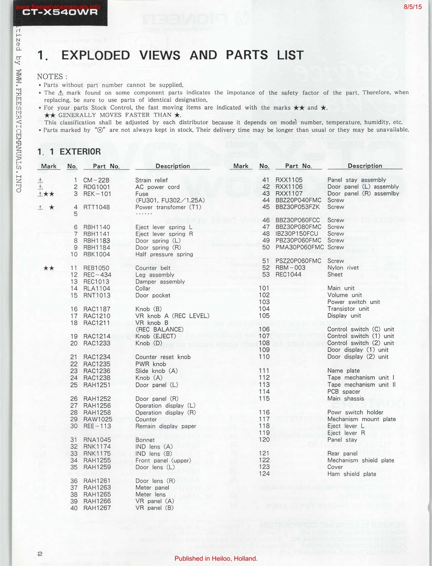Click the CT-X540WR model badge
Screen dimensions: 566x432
(x=60, y=13)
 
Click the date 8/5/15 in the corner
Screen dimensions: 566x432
(x=413, y=7)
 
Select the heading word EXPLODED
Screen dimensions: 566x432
(x=95, y=55)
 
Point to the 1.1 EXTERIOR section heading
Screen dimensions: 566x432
(x=69, y=152)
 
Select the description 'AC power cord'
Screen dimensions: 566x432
(x=157, y=187)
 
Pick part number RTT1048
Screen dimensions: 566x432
(x=97, y=207)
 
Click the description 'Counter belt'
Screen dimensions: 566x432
(x=153, y=268)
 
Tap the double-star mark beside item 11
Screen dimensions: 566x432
(x=49, y=268)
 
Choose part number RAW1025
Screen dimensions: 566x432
(x=98, y=419)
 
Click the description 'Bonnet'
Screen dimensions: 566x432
(x=145, y=440)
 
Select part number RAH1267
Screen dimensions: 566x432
(x=97, y=508)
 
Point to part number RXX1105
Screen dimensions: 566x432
(x=289, y=180)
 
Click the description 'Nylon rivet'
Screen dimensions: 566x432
(x=343, y=267)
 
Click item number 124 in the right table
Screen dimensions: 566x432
(x=264, y=474)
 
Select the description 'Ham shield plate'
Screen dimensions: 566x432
(x=351, y=474)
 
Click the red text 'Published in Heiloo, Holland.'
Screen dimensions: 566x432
(x=216, y=559)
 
